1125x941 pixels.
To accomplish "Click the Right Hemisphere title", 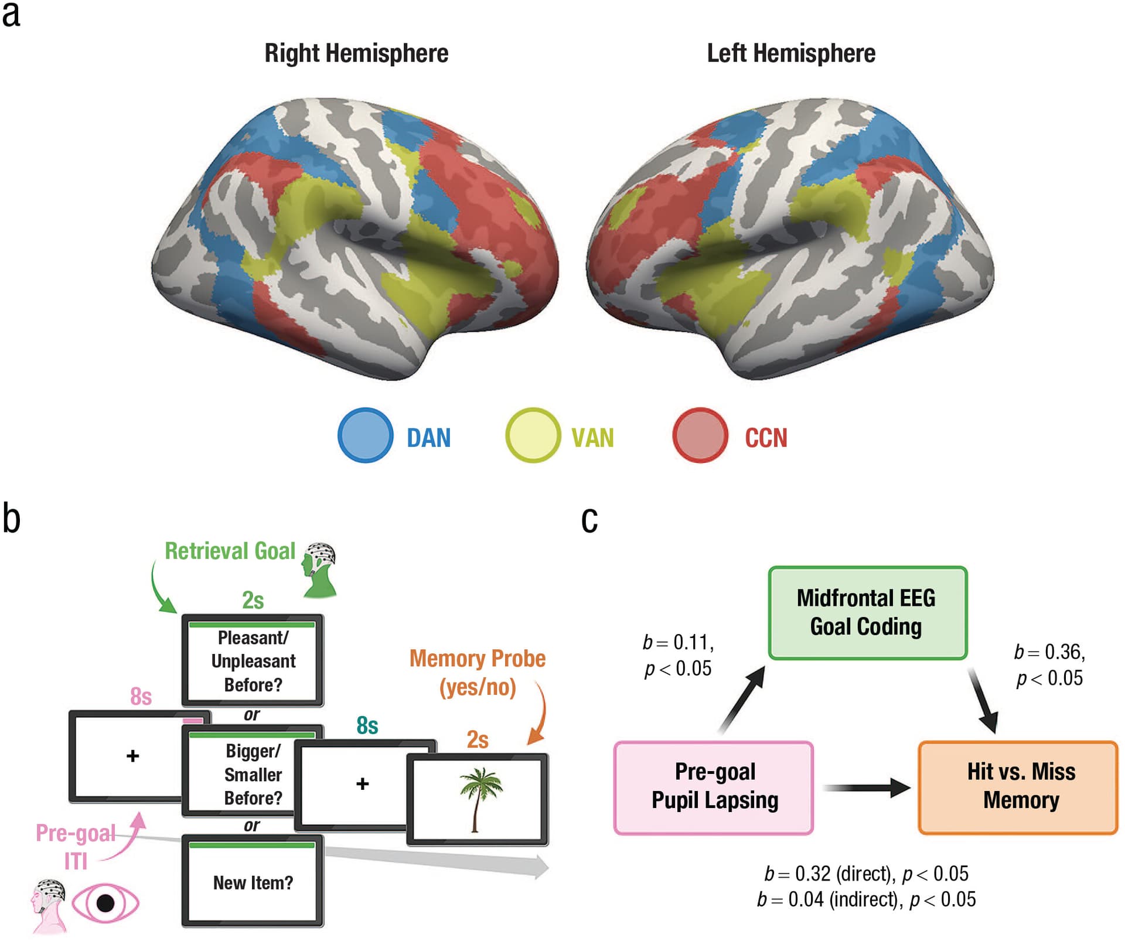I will (356, 53).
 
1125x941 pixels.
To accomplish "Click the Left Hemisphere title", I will (790, 53).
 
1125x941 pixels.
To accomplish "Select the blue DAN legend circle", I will (365, 435).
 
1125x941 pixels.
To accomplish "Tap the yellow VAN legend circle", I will (532, 435).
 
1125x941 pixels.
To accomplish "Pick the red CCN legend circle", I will (700, 435).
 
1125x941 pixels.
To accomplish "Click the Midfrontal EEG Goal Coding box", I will (867, 612).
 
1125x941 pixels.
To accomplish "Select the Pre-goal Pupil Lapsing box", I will (714, 787).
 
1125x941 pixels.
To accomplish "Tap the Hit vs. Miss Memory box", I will (1018, 787).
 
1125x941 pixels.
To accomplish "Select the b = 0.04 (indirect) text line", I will (866, 899).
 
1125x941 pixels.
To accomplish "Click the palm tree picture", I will (479, 799).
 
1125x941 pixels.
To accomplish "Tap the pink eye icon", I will (105, 903).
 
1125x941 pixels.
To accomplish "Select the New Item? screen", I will (253, 882).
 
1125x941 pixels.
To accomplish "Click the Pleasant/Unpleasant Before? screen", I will (253, 661).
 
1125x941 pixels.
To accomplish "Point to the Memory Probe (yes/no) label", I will (477, 673).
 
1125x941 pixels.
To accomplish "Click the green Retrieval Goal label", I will (230, 551).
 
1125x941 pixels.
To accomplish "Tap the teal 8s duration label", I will (367, 725).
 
